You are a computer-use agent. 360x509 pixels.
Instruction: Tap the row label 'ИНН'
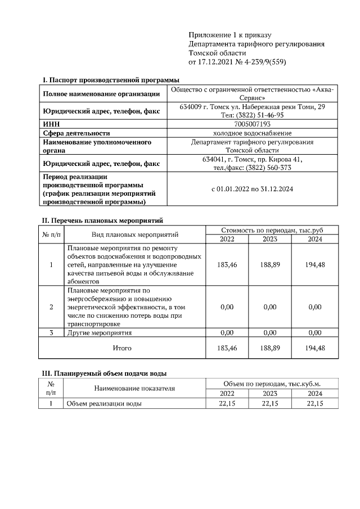pyautogui.click(x=51, y=124)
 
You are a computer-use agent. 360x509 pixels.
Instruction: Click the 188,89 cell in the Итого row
pyautogui.click(x=270, y=348)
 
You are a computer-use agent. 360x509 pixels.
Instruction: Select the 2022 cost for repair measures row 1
pyautogui.click(x=227, y=264)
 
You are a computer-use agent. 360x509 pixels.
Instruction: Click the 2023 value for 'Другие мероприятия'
pyautogui.click(x=270, y=333)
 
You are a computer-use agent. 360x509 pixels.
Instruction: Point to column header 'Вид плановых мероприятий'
pyautogui.click(x=134, y=235)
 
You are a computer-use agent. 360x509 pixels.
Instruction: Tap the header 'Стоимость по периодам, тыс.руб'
pyautogui.click(x=272, y=230)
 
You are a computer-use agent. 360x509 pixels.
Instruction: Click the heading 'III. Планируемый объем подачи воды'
pyautogui.click(x=104, y=373)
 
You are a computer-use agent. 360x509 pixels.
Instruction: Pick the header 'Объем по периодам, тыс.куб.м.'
pyautogui.click(x=272, y=383)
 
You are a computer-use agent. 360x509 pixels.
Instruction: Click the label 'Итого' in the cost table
pyautogui.click(x=122, y=348)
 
